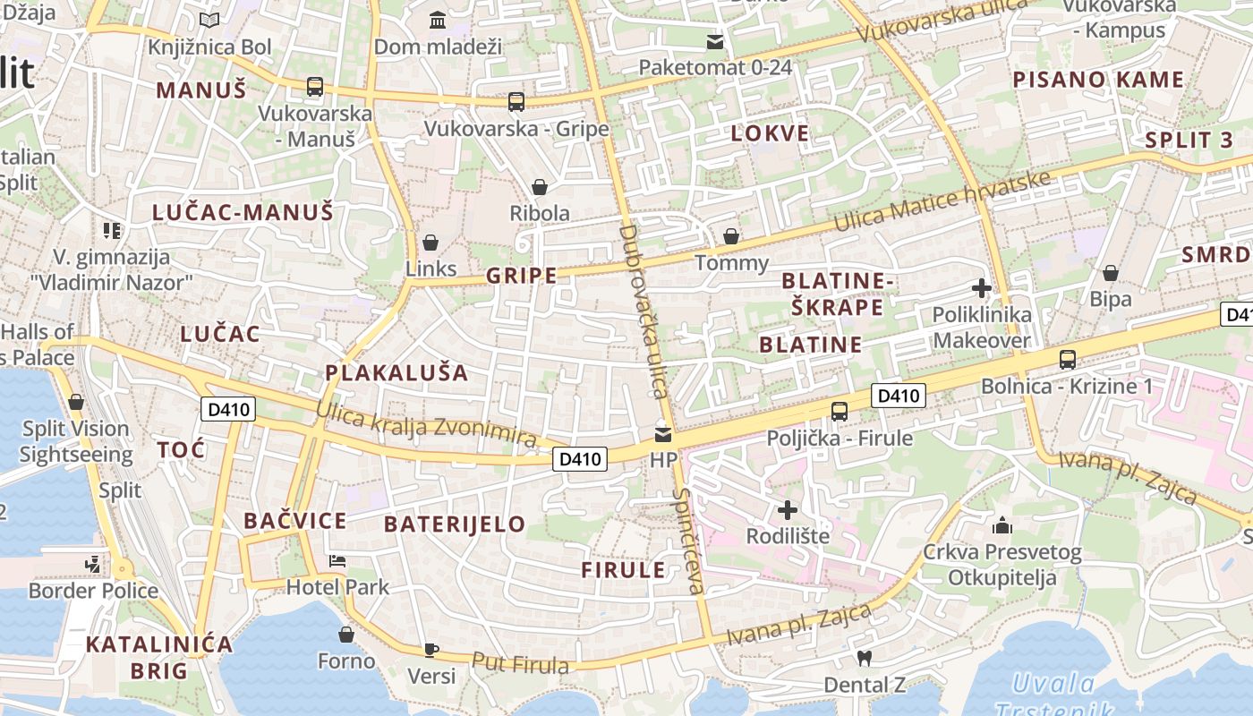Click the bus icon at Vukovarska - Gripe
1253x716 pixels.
tap(516, 102)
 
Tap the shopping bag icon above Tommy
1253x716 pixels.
tap(731, 236)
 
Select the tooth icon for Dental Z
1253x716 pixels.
tap(864, 658)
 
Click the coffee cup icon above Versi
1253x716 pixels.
tap(431, 649)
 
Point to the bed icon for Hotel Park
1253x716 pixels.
tap(337, 561)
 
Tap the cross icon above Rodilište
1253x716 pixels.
tap(788, 510)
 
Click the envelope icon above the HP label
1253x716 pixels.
tap(663, 435)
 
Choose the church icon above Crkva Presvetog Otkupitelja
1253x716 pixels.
tap(1002, 525)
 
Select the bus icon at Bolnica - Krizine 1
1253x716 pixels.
tap(1067, 360)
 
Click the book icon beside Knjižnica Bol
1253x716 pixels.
tap(209, 21)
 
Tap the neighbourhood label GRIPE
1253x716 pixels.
tap(522, 276)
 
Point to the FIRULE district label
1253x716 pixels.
tap(623, 570)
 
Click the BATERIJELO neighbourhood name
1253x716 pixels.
tap(455, 524)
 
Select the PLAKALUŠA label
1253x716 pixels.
tap(396, 372)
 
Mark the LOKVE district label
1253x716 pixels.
tap(770, 134)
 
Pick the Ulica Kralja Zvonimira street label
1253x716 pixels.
tap(426, 426)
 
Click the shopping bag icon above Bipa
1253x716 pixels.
tap(1111, 273)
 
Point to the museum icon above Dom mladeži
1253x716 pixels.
tap(438, 20)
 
